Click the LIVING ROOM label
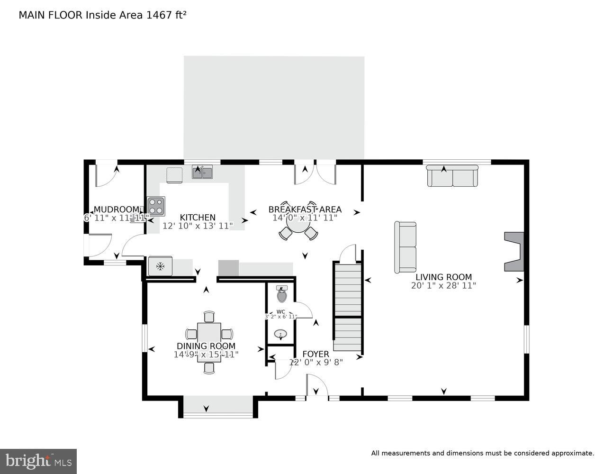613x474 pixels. click(x=443, y=277)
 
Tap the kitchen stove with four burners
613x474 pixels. click(x=156, y=206)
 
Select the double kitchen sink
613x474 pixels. click(x=203, y=172)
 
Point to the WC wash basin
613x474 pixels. click(x=281, y=334)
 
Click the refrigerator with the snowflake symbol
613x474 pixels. click(x=161, y=266)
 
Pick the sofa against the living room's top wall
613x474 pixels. click(x=452, y=176)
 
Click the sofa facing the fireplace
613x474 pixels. click(x=406, y=247)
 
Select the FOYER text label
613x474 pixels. click(x=316, y=354)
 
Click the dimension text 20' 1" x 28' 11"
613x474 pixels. click(x=443, y=286)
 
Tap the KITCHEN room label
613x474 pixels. click(x=198, y=218)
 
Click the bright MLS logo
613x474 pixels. click(x=38, y=461)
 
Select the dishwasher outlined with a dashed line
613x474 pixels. click(x=174, y=174)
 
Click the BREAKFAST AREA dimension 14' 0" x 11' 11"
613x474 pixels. click(x=305, y=218)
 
